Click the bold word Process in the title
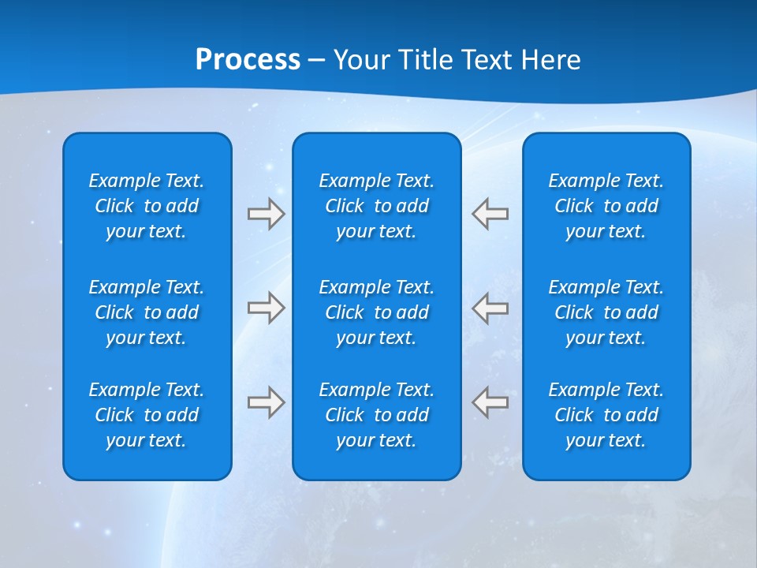point(248,60)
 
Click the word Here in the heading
point(552,60)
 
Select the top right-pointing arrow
point(266,214)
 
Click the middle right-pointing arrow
point(266,308)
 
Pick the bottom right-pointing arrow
point(266,402)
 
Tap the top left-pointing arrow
point(490,214)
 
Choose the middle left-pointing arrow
point(490,308)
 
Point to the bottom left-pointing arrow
point(490,402)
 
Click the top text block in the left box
point(147,206)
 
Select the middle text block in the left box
point(147,312)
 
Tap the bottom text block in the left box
point(147,415)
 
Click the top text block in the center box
point(376,206)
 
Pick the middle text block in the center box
point(376,312)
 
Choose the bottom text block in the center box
point(376,415)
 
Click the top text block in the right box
point(606,206)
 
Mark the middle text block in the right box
point(606,312)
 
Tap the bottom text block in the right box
point(606,415)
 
